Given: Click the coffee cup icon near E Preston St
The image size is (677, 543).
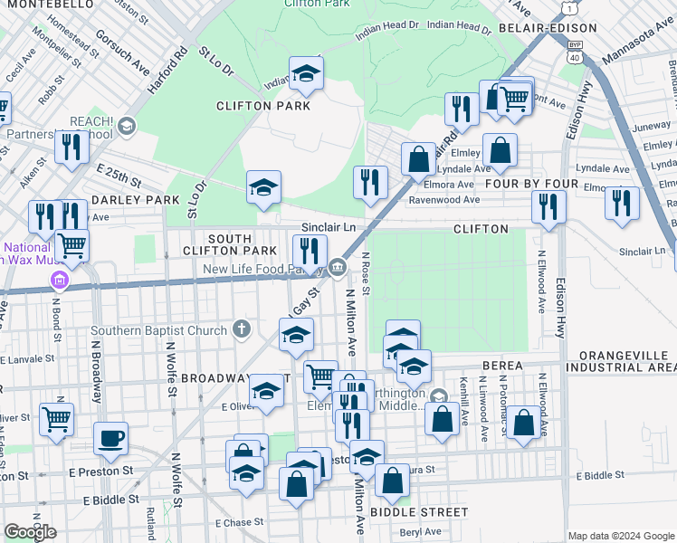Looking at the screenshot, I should (111, 438).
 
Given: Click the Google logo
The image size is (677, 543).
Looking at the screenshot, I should (30, 532).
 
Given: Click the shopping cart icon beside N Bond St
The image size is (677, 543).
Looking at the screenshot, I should (72, 243).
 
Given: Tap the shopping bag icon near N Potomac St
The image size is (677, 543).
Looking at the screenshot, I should (523, 423).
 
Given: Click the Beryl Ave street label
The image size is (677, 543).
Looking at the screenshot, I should (421, 533).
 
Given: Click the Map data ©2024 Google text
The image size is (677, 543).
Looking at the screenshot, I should (620, 536).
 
